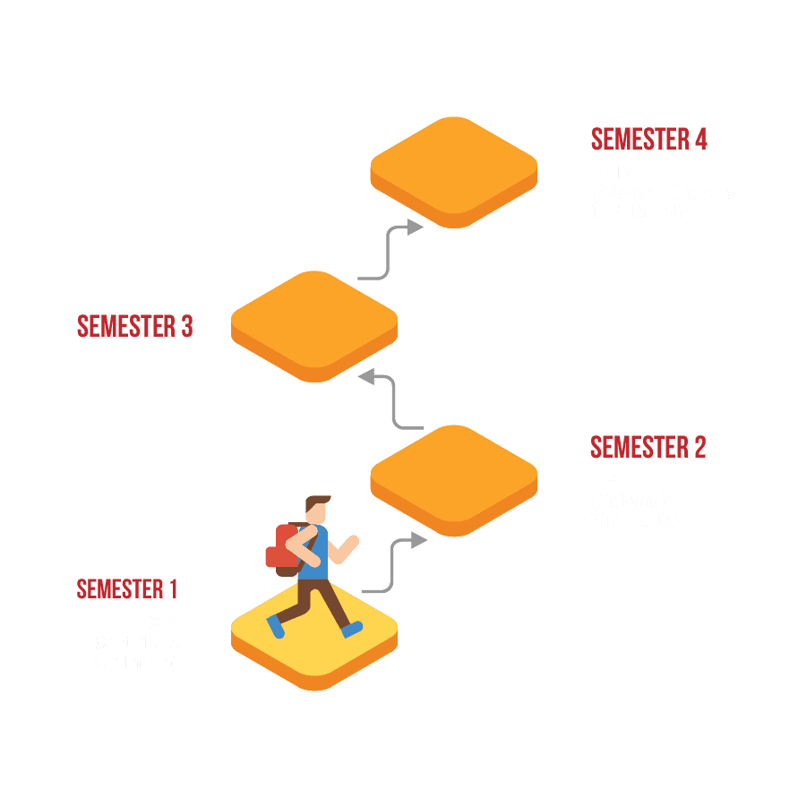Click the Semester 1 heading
(127, 589)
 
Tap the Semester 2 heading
(648, 447)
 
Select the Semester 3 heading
(135, 326)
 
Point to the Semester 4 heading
(649, 140)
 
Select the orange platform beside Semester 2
(453, 475)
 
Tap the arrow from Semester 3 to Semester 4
(390, 251)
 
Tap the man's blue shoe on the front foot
(353, 630)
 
